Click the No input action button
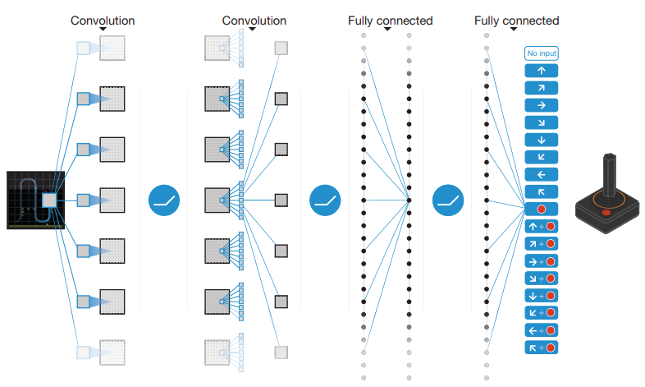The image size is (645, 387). pyautogui.click(x=541, y=53)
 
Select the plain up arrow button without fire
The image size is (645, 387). pyautogui.click(x=541, y=71)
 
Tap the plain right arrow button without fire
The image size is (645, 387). pyautogui.click(x=541, y=105)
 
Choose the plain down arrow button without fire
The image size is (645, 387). pyautogui.click(x=541, y=140)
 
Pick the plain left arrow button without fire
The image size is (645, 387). pyautogui.click(x=541, y=174)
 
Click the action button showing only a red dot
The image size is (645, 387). pyautogui.click(x=541, y=209)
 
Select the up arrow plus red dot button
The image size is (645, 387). pyautogui.click(x=541, y=226)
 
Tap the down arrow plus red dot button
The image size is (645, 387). pyautogui.click(x=541, y=296)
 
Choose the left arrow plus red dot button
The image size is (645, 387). pyautogui.click(x=541, y=330)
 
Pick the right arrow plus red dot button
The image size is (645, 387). pyautogui.click(x=541, y=261)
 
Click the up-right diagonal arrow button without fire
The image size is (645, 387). pyautogui.click(x=541, y=88)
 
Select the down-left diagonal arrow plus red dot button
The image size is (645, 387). pyautogui.click(x=541, y=313)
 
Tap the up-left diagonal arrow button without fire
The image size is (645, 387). pyautogui.click(x=541, y=191)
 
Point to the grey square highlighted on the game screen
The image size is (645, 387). pyautogui.click(x=49, y=200)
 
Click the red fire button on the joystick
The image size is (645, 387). pyautogui.click(x=606, y=213)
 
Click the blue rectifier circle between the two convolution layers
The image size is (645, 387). pyautogui.click(x=163, y=200)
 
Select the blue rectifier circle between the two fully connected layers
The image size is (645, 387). pyautogui.click(x=449, y=200)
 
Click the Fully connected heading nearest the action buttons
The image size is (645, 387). pyautogui.click(x=516, y=21)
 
